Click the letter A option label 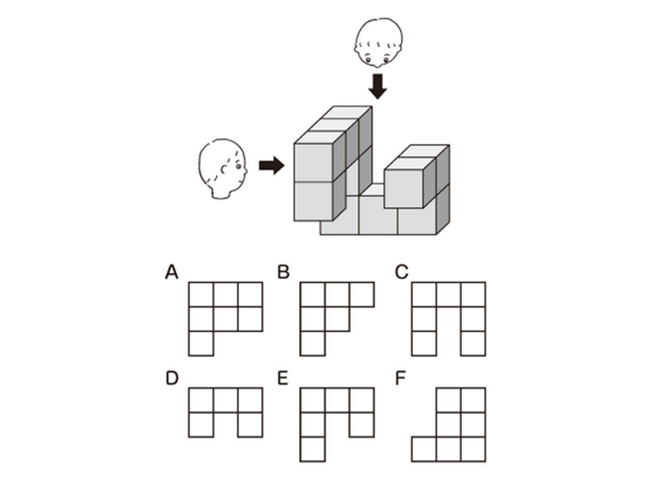point(172,272)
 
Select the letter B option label point(283,272)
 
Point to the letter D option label point(172,378)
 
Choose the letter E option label point(283,378)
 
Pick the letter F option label point(401,378)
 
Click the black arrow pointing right point(271,166)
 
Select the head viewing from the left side point(223,169)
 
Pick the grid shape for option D point(225,413)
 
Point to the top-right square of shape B point(362,295)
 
